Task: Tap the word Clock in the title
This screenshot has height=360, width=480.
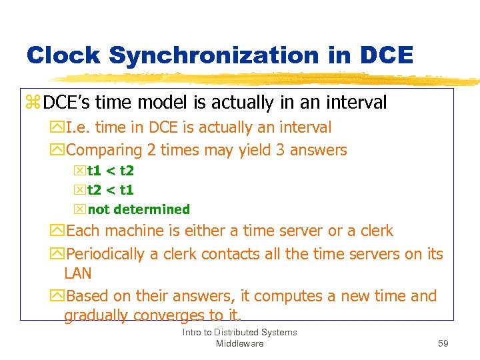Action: pos(64,55)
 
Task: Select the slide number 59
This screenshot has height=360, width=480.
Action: pos(443,343)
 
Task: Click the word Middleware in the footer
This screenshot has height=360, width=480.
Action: pos(239,343)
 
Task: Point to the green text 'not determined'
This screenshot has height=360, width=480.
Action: pos(139,209)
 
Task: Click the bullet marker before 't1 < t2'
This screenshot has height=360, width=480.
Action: pos(81,171)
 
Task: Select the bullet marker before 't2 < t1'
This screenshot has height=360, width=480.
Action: pos(81,190)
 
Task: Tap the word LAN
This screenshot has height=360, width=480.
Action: pos(77,273)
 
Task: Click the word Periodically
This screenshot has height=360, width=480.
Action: pos(105,254)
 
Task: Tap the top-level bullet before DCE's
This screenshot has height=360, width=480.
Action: pos(33,103)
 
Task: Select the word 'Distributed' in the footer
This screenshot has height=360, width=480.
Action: pos(239,332)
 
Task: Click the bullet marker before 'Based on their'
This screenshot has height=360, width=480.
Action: pos(58,296)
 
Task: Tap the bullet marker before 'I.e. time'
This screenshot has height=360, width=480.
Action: pos(58,127)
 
